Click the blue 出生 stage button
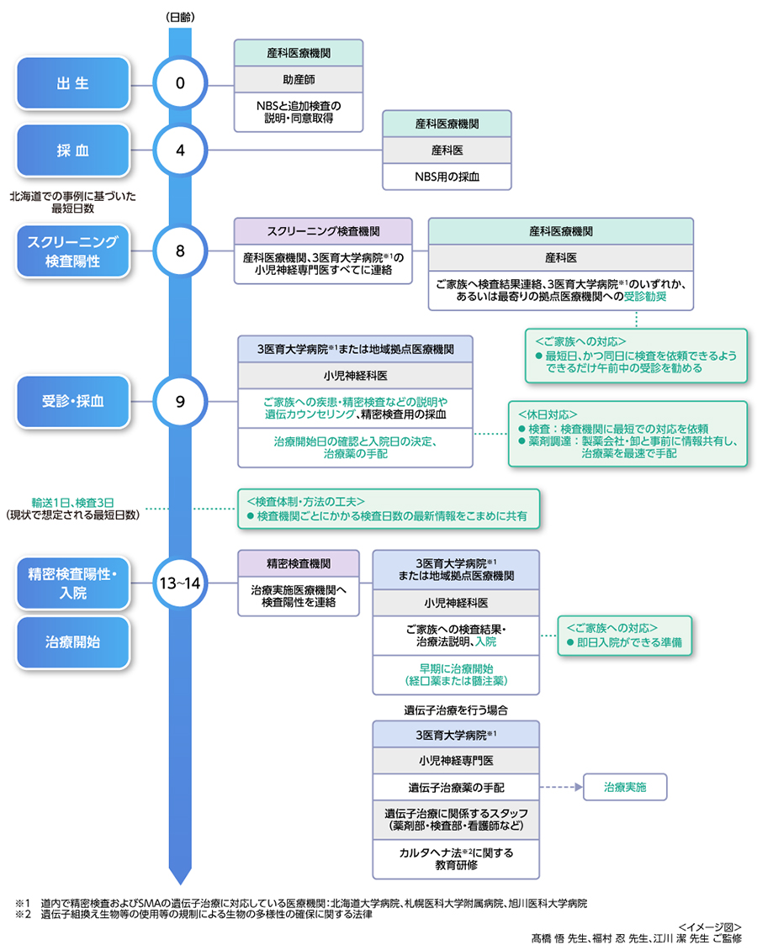click(72, 84)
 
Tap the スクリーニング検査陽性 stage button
click(72, 251)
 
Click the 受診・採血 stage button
click(72, 401)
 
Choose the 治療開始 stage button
click(72, 642)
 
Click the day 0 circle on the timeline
click(179, 84)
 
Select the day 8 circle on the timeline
click(179, 251)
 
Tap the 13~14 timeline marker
click(179, 583)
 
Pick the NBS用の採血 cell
click(447, 177)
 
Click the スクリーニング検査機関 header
click(322, 230)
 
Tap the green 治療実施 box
click(625, 788)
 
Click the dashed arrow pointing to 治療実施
click(560, 788)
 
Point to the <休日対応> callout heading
click(548, 414)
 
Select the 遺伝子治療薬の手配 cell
click(456, 788)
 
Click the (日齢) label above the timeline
click(179, 15)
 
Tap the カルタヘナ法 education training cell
click(456, 858)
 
